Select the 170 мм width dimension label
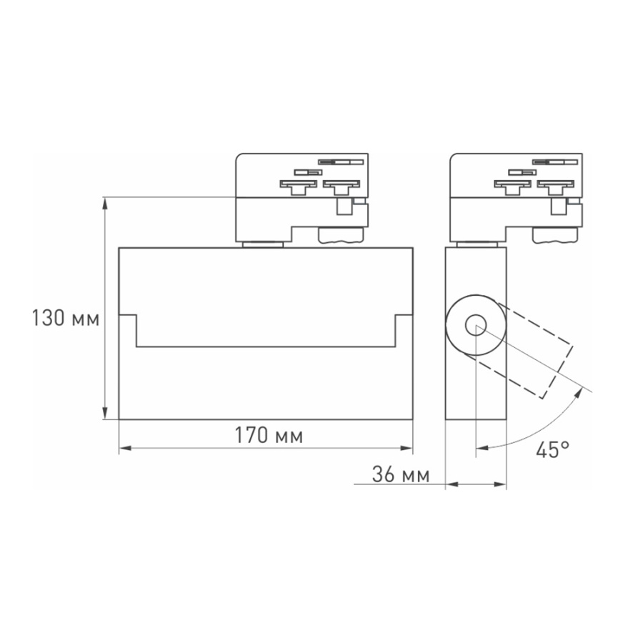click(269, 436)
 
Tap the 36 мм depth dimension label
click(400, 474)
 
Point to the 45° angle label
click(554, 449)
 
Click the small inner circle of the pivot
click(475, 327)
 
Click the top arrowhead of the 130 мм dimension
click(106, 203)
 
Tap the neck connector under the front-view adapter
click(262, 244)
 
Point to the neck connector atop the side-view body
click(477, 244)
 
